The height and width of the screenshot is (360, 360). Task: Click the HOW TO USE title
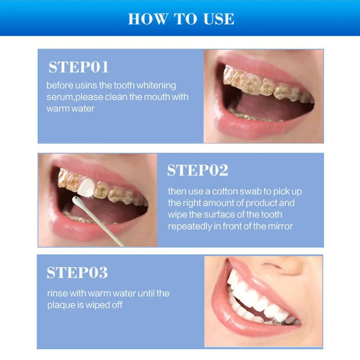(181, 19)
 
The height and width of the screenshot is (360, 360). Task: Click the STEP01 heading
(78, 67)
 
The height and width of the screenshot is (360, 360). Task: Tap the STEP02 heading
(197, 170)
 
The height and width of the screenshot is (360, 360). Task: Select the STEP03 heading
(77, 273)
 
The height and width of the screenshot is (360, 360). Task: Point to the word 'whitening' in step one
(156, 86)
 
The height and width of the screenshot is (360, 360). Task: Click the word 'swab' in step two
(250, 191)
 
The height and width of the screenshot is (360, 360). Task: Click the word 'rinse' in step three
(57, 294)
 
